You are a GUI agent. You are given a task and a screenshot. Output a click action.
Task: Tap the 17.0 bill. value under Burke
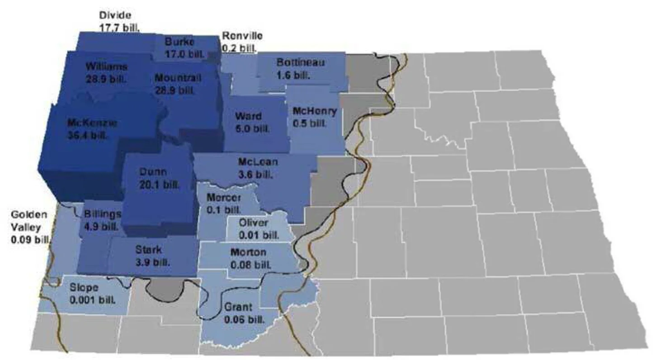tap(179, 53)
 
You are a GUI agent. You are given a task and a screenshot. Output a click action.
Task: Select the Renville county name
tap(241, 37)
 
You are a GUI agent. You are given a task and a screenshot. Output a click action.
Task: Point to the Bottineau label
tap(301, 63)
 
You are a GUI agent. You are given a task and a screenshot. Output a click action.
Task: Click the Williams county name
tap(106, 67)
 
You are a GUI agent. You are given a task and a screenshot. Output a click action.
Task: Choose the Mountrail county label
tap(178, 78)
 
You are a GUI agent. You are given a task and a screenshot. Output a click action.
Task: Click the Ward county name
tap(248, 117)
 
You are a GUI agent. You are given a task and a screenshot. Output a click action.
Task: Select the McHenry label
tap(315, 111)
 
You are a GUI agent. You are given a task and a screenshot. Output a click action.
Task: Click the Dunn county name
tap(153, 172)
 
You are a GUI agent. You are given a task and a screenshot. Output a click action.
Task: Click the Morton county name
tap(248, 252)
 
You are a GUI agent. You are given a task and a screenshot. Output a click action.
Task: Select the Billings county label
tap(103, 214)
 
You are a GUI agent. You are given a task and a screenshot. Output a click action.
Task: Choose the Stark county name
tap(148, 250)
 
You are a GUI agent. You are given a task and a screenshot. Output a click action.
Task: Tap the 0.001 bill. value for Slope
tap(92, 299)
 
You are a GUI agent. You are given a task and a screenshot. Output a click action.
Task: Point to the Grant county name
tap(236, 309)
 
